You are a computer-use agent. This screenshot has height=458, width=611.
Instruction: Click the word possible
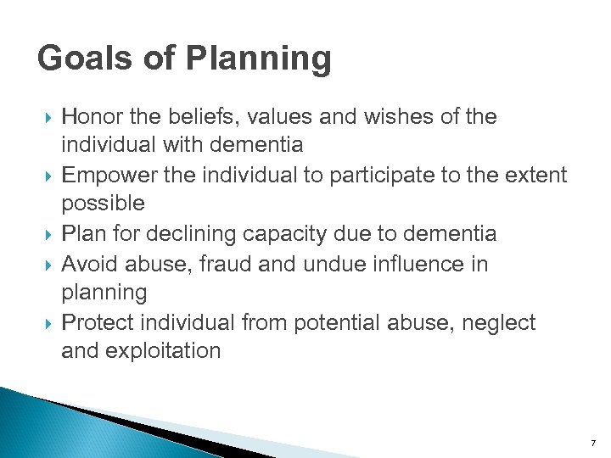103,204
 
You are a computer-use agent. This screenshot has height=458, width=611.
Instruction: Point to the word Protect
97,322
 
